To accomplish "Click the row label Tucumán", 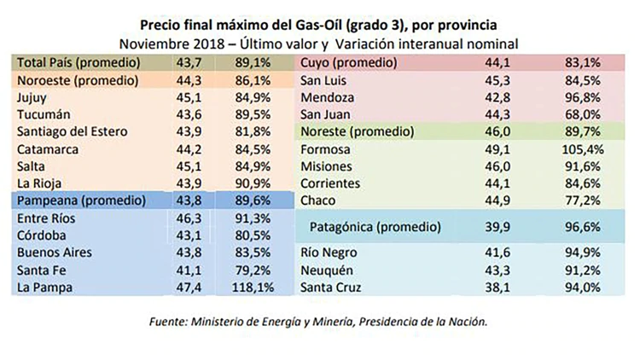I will [x=45, y=113].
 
